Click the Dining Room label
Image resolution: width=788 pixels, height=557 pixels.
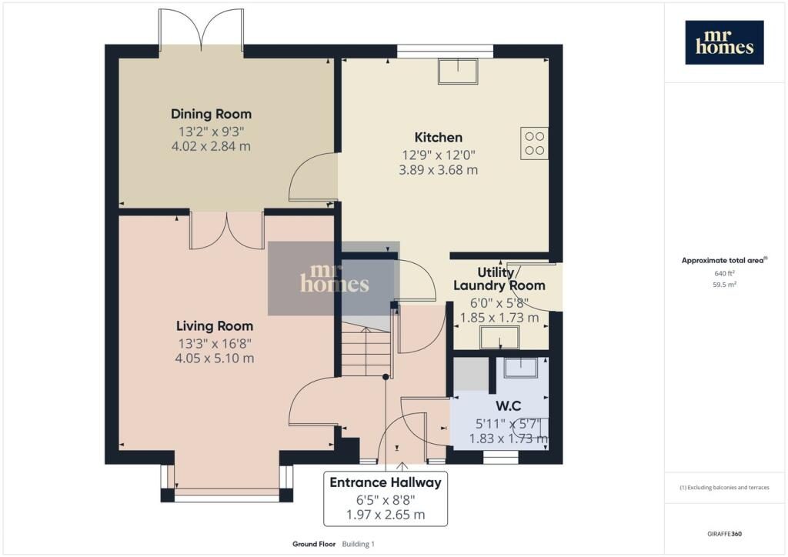[211, 114]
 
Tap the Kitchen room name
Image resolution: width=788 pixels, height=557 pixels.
[438, 137]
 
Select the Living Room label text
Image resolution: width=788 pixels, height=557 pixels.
[215, 326]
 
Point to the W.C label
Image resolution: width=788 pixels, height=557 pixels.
[509, 405]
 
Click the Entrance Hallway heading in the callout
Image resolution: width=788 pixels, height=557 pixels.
[386, 482]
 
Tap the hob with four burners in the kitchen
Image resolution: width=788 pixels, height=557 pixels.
[534, 143]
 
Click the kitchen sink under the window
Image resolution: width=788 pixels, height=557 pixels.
[458, 72]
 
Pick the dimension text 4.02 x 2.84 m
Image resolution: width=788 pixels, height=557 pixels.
[211, 146]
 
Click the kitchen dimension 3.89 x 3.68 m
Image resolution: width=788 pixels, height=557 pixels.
[438, 170]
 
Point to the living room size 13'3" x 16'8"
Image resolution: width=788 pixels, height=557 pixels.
[215, 344]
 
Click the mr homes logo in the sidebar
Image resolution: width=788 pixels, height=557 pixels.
[724, 42]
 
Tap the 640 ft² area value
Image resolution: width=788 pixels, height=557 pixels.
[724, 273]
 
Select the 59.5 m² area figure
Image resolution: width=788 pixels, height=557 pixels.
[724, 285]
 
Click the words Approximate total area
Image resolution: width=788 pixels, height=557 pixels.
[723, 260]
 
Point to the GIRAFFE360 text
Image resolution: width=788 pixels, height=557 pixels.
[724, 534]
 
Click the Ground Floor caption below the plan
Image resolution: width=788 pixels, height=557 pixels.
[314, 544]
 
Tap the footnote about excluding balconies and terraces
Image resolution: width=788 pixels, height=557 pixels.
[724, 487]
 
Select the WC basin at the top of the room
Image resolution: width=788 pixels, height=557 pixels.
[521, 367]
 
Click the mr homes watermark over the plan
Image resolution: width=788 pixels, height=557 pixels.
[334, 278]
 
